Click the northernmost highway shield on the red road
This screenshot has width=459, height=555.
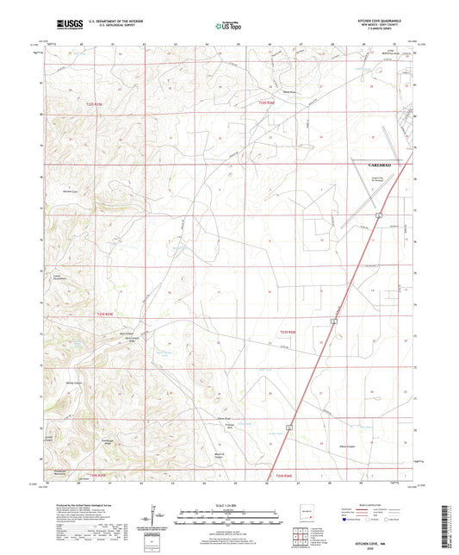coord(378,213)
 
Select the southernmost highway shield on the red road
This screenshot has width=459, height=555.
coord(290,426)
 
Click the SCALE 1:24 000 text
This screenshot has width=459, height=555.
coord(228,504)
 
